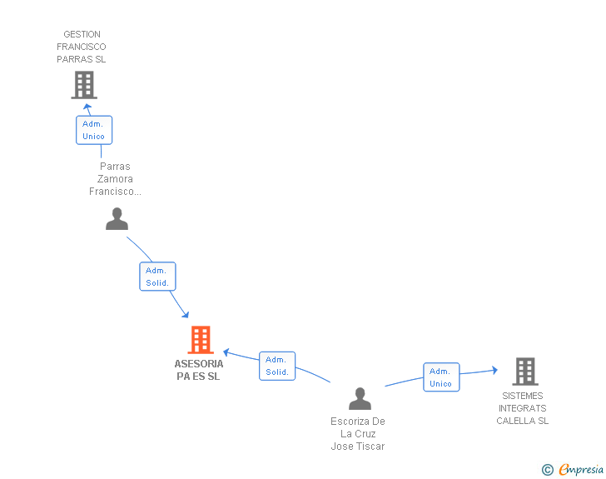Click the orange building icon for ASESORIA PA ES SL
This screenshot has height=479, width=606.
click(200, 340)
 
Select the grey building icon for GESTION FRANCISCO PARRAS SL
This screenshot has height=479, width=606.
click(83, 85)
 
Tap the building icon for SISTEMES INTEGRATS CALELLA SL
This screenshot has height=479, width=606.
click(524, 371)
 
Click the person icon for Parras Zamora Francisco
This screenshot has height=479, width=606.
click(117, 219)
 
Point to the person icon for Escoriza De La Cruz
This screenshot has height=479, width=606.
click(360, 399)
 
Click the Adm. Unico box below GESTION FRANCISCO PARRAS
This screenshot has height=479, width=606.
click(93, 130)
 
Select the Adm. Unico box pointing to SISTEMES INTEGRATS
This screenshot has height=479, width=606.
click(440, 377)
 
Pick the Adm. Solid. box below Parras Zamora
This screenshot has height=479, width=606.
click(157, 277)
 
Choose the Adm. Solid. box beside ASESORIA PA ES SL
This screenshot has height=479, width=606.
click(276, 366)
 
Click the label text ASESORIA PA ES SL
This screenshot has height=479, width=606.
click(199, 370)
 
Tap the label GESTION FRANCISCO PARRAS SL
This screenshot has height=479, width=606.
click(82, 47)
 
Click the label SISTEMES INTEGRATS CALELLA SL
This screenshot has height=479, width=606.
click(523, 408)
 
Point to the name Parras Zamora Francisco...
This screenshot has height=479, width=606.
click(115, 179)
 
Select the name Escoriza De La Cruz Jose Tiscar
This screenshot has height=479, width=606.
click(358, 433)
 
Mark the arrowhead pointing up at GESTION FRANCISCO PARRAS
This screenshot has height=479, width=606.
click(87, 106)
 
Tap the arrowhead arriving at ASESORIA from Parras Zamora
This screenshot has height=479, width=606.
click(185, 314)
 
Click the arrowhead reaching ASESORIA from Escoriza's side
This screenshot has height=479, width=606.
click(226, 352)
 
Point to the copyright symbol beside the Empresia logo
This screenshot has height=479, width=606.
click(548, 470)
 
